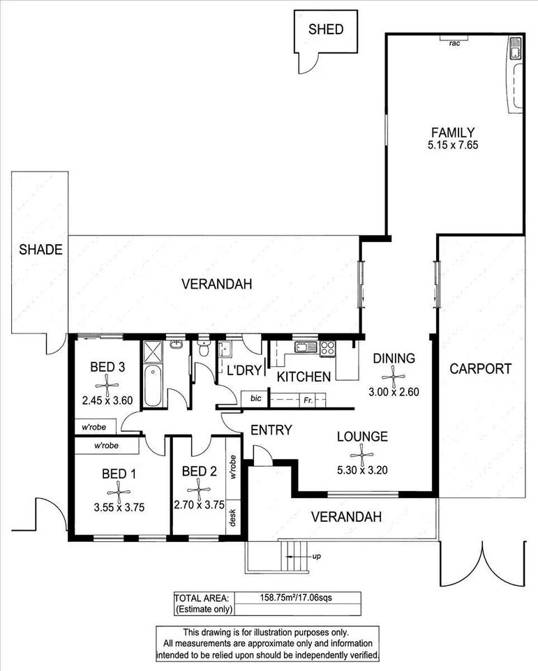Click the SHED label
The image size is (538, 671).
pos(326,29)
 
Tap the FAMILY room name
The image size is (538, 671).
pos(452,133)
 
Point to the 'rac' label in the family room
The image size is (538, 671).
pos(454,43)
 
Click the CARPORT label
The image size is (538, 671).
pos(479,369)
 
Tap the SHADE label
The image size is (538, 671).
pos(40,249)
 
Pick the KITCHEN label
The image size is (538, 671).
pos(304,377)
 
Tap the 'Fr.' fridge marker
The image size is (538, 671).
pos(307,400)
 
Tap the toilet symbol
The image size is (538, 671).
pos(203,351)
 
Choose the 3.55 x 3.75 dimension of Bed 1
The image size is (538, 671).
pos(119,508)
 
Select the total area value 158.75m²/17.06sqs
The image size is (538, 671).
pos(299,597)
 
